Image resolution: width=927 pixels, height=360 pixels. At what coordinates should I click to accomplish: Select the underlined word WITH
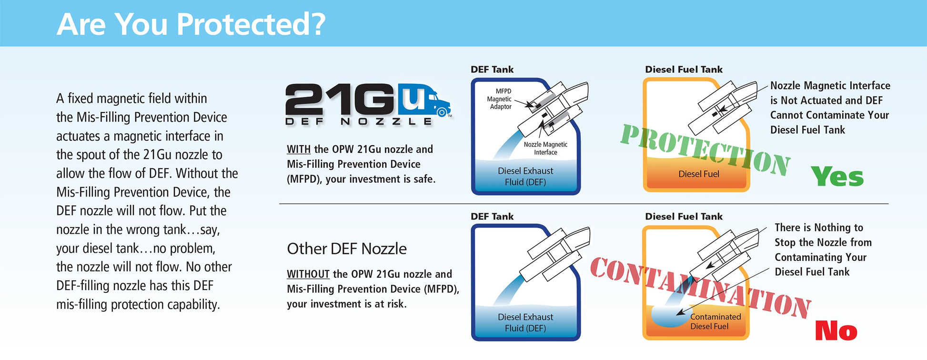[x=299, y=149]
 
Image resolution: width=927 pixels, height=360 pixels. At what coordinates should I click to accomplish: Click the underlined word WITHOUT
[x=308, y=274]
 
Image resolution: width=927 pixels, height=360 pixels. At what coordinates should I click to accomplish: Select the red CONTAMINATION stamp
[x=700, y=288]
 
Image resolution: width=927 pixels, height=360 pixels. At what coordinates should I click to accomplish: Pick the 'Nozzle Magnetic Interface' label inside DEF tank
[x=545, y=148]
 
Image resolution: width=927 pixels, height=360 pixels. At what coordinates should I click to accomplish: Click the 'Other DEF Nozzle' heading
[x=347, y=249]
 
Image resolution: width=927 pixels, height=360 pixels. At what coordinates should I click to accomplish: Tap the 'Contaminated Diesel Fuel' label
[x=715, y=321]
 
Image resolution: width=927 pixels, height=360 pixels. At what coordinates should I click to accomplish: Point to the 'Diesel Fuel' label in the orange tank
[x=699, y=174]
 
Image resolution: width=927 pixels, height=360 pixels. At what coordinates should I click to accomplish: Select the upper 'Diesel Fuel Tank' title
[x=684, y=70]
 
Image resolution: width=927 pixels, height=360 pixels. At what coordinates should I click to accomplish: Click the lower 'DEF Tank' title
[x=492, y=217]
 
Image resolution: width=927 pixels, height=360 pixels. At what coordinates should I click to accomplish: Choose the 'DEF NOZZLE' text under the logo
[x=359, y=121]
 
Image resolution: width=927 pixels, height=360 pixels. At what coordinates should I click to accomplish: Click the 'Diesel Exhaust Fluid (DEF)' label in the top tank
[x=525, y=176]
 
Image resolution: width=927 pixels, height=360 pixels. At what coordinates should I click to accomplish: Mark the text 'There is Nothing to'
[x=819, y=228]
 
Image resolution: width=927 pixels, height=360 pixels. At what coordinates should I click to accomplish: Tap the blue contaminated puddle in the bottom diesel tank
[x=669, y=317]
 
